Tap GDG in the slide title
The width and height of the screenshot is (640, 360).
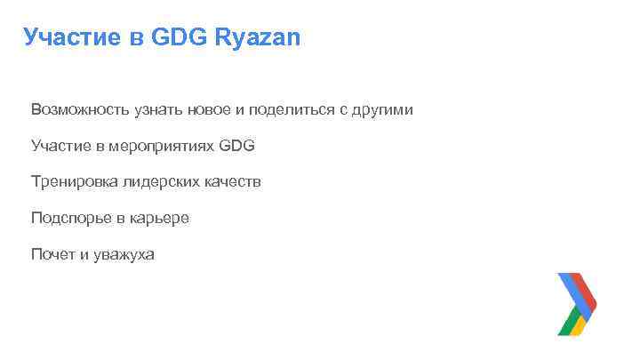click(x=182, y=37)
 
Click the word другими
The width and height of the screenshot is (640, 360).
click(x=381, y=110)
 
